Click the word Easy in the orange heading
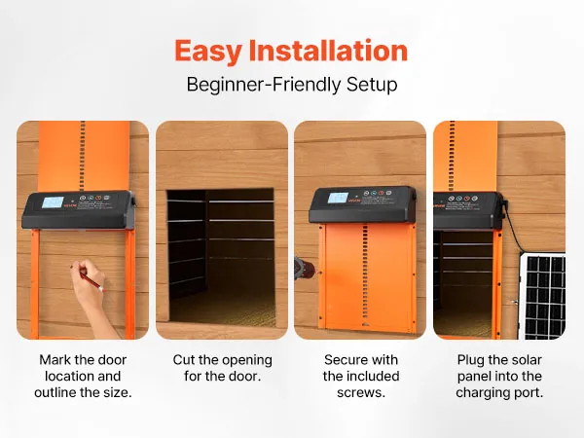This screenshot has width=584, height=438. coord(208,52)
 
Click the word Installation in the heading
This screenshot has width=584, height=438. coord(329,51)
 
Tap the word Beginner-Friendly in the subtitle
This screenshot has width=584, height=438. coord(264,85)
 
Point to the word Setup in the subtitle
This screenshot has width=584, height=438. coord(372,86)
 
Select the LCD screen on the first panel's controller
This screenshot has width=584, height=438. coord(53,202)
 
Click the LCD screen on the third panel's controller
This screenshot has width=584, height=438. coord(338,198)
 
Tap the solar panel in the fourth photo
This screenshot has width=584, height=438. coord(542,297)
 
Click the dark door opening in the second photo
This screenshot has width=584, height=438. coord(222,257)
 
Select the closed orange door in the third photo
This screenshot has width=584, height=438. coord(367,277)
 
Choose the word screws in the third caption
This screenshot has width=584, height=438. coord(361,393)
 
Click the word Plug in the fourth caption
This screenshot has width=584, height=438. coord(470,360)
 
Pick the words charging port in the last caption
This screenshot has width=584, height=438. coord(499,393)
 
